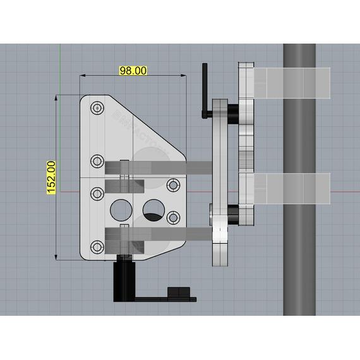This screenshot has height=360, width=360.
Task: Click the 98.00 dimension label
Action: [x=133, y=71]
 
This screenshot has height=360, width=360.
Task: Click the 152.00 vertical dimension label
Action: [x=51, y=176]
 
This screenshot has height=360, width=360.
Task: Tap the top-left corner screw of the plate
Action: [x=97, y=109]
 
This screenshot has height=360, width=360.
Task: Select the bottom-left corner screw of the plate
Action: [x=97, y=246]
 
